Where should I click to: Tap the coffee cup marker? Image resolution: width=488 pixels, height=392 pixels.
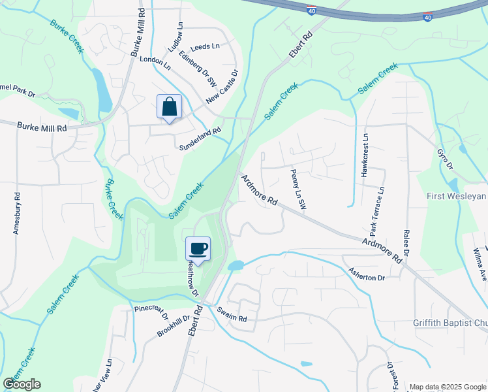198,248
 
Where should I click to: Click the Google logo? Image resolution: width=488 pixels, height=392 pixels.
22,384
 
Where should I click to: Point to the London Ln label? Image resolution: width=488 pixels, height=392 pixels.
155,63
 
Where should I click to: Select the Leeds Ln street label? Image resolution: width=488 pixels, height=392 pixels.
205,46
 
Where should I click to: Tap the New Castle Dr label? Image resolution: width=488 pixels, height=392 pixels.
222,88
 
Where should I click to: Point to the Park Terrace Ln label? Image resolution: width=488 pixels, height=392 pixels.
377,211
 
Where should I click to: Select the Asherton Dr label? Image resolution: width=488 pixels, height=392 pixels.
367,274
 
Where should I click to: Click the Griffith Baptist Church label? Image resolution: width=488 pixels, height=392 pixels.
450,323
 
